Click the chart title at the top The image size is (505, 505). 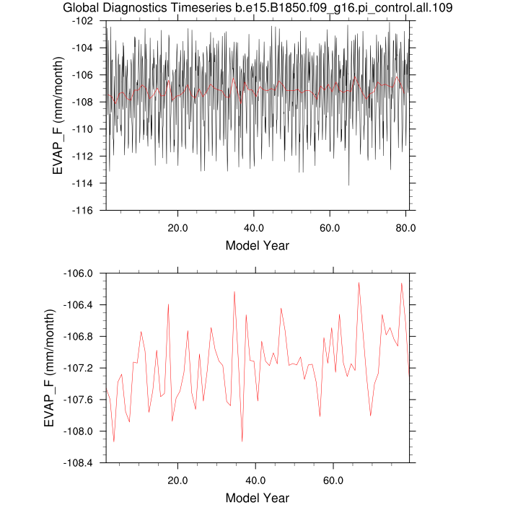252,8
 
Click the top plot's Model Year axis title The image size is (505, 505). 258,245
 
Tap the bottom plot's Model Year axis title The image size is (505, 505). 258,498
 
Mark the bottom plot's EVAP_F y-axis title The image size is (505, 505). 50,368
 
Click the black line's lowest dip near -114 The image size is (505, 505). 349,185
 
